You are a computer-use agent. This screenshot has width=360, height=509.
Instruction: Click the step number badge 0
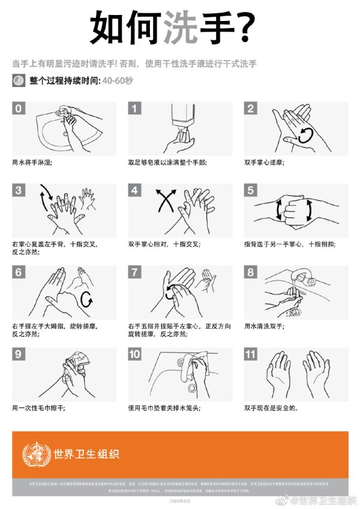(x=19, y=108)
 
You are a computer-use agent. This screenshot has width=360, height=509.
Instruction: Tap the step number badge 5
(x=251, y=191)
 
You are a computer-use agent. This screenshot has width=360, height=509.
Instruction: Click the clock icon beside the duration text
(x=19, y=80)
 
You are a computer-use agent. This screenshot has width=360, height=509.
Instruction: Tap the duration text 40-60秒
(x=117, y=80)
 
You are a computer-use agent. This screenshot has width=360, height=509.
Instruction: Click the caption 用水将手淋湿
(x=32, y=162)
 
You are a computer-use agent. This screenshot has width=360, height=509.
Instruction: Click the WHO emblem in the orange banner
(x=35, y=453)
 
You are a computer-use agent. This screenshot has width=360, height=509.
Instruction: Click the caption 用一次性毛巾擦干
(x=38, y=408)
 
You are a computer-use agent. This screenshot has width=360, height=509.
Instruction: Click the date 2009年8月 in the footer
(x=179, y=500)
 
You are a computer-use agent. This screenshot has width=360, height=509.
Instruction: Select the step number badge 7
(x=135, y=273)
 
